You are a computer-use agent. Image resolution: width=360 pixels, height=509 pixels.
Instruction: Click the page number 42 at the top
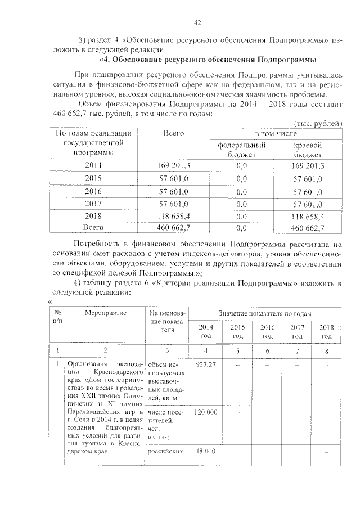pyautogui.click(x=197, y=22)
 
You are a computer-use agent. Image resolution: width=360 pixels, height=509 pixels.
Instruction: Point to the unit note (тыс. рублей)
pyautogui.click(x=319, y=123)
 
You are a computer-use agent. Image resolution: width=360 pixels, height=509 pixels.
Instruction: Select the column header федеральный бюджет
pyautogui.click(x=241, y=149)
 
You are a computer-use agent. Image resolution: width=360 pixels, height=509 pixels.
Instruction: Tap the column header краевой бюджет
pyautogui.click(x=307, y=149)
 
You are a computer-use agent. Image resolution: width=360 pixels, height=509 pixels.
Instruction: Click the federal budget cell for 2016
pyautogui.click(x=242, y=191)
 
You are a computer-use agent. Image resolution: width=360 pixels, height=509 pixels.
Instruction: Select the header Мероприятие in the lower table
pyautogui.click(x=106, y=313)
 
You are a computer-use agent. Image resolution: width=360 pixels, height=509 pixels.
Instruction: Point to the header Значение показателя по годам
pyautogui.click(x=265, y=313)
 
